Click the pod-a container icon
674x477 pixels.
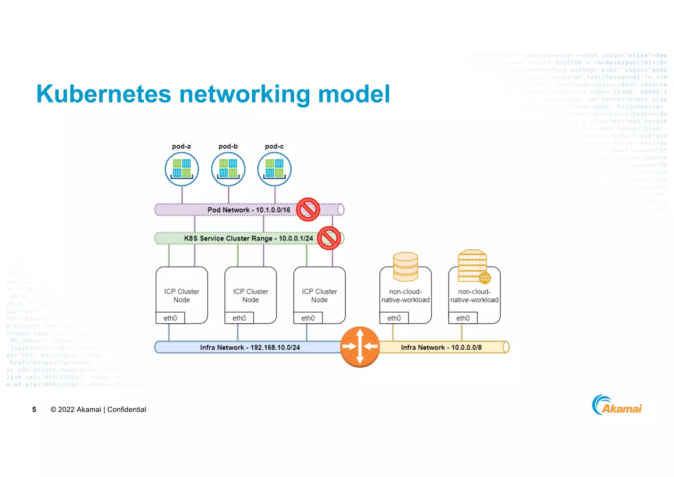(182, 169)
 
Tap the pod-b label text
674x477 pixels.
(228, 146)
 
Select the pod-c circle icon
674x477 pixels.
(274, 169)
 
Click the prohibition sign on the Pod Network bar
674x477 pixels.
(308, 210)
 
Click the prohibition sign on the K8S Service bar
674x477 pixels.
(329, 238)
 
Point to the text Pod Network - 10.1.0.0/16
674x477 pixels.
(249, 210)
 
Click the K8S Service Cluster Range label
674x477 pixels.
(248, 238)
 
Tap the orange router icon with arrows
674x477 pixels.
(360, 347)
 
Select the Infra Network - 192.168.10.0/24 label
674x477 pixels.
(250, 348)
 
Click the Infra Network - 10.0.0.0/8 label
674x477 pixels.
(441, 348)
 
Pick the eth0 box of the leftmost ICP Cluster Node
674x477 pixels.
(170, 318)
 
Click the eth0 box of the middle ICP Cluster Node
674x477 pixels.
(239, 318)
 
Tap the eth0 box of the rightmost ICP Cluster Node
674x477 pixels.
(308, 318)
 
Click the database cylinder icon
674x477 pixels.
(405, 267)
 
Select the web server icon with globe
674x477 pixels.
(473, 266)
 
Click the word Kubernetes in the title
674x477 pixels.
(104, 94)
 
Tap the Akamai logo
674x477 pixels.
(617, 406)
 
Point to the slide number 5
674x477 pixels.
(34, 409)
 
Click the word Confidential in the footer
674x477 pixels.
(127, 409)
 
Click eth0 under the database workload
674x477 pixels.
(394, 318)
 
